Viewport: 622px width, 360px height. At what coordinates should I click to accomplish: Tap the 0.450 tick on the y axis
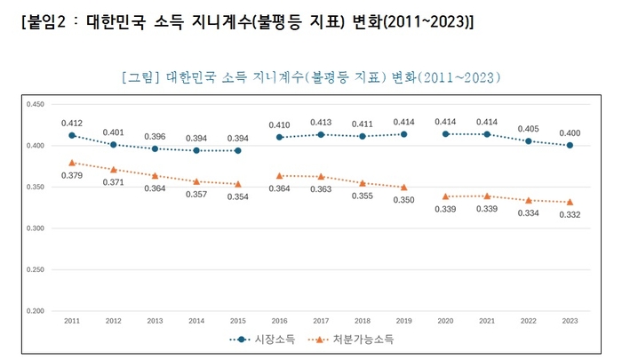pos(35,105)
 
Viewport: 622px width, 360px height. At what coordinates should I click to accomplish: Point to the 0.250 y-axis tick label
pos(35,269)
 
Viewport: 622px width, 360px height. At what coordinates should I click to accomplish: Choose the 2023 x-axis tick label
pos(570,320)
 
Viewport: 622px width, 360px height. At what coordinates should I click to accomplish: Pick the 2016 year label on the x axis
pos(279,320)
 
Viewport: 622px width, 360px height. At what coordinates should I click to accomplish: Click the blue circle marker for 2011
pos(71,136)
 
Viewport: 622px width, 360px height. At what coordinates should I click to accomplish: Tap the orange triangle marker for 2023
pos(570,202)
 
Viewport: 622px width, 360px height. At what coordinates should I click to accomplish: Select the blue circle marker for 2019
pos(403,134)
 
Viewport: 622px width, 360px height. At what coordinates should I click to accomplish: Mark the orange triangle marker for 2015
pos(237,184)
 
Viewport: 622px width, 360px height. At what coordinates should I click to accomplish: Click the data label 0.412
pos(72,123)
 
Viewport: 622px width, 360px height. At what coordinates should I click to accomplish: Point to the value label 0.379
pos(72,175)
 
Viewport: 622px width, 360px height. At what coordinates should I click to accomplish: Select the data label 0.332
pos(570,216)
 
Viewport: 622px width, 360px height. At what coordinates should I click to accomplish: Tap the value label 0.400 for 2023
pos(570,132)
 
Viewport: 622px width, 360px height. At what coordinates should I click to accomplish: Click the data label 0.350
pos(403,201)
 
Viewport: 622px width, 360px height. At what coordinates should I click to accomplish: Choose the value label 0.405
pos(528,128)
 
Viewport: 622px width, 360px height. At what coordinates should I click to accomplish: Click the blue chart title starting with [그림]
pos(310,77)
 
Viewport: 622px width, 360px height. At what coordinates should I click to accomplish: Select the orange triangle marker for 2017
pos(321,177)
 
